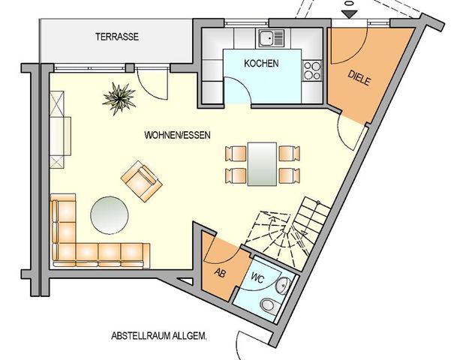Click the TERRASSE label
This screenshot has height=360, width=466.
coord(117,36)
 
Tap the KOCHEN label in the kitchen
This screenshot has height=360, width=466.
coord(261,63)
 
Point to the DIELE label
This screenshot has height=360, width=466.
coord(359,77)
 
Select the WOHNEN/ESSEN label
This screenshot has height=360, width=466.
coord(178,136)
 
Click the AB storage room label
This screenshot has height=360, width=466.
coord(221,272)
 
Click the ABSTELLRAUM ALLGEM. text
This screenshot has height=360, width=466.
coord(158,336)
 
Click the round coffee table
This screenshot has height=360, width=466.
coord(110,216)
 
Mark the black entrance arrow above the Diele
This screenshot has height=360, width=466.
coord(349,13)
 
